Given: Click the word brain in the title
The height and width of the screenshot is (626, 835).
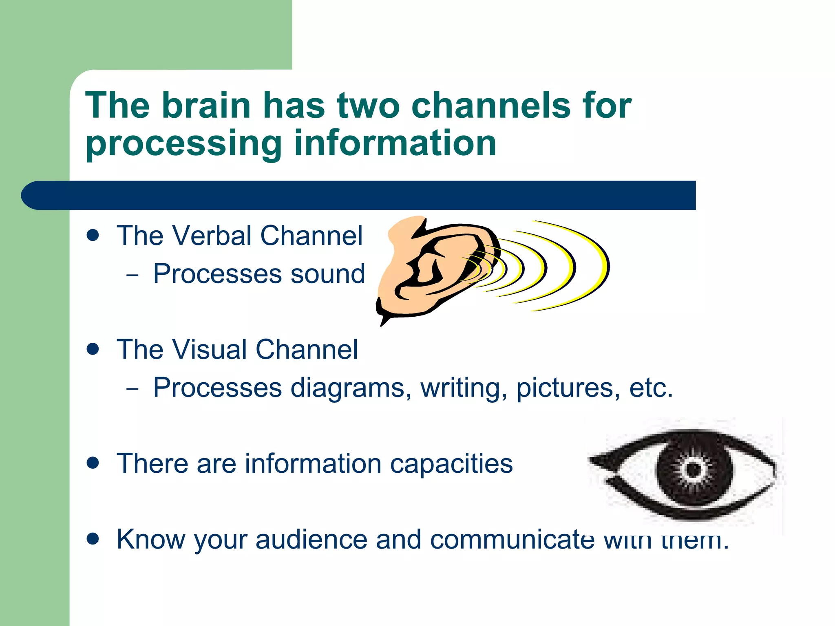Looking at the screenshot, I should pyautogui.click(x=206, y=105).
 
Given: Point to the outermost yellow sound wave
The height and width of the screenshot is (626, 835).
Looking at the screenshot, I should pyautogui.click(x=599, y=265).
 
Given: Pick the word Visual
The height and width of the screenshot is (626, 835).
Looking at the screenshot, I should pyautogui.click(x=210, y=350).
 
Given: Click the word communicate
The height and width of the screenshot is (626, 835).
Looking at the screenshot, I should pyautogui.click(x=512, y=539).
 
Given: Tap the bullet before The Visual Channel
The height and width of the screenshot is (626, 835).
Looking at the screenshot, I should pyautogui.click(x=93, y=349).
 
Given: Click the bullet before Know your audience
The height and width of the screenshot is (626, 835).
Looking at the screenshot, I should pyautogui.click(x=93, y=539).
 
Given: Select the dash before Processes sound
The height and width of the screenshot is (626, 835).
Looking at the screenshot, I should pyautogui.click(x=132, y=275).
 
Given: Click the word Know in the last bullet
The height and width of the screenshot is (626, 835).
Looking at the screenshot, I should pyautogui.click(x=150, y=539).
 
